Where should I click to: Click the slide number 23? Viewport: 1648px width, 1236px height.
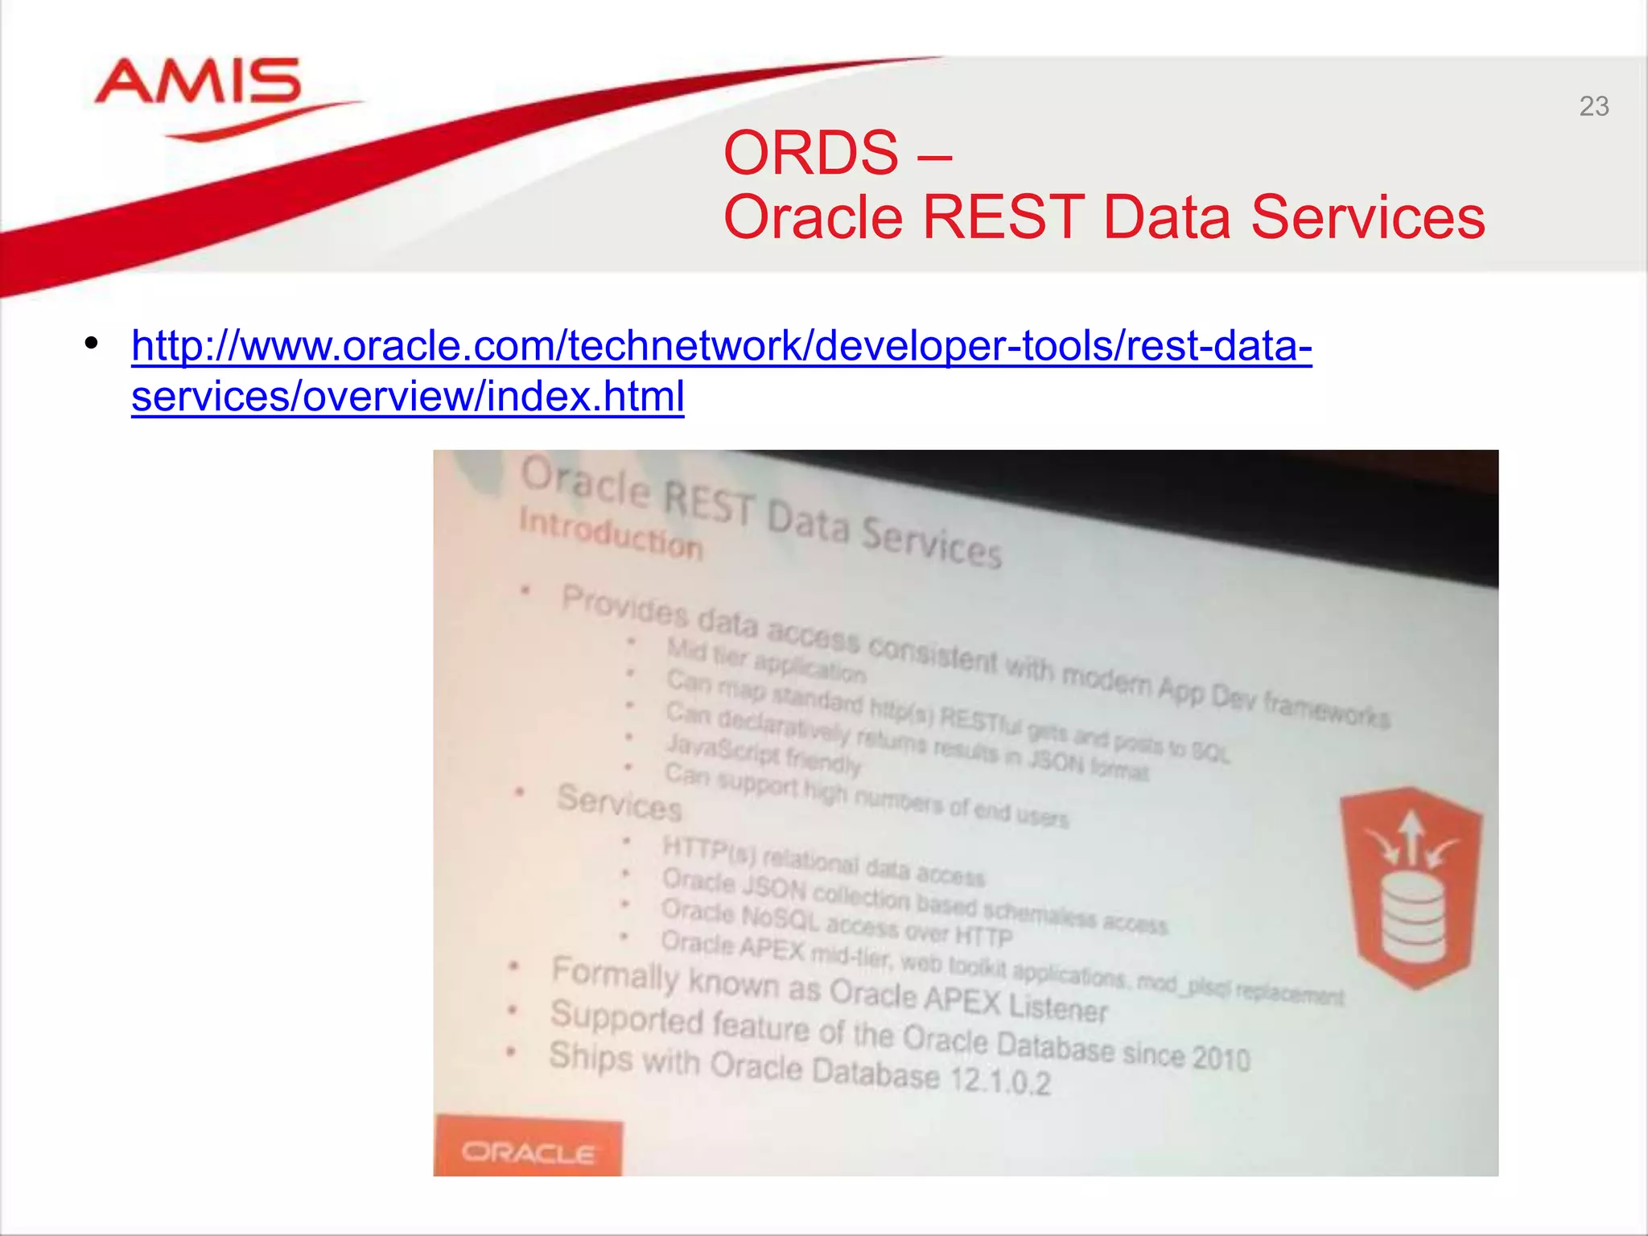point(1593,106)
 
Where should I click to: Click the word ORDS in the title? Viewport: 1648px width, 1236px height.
point(810,153)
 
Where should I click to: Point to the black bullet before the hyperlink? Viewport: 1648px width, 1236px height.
point(92,344)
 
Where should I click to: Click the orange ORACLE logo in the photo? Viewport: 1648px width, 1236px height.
point(529,1152)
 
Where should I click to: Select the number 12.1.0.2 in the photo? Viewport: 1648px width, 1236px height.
point(1000,1080)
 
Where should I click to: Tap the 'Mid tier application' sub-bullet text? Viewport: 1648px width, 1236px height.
point(765,659)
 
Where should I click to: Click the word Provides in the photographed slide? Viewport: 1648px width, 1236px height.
point(624,607)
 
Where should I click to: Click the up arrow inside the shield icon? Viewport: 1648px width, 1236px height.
point(1411,837)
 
